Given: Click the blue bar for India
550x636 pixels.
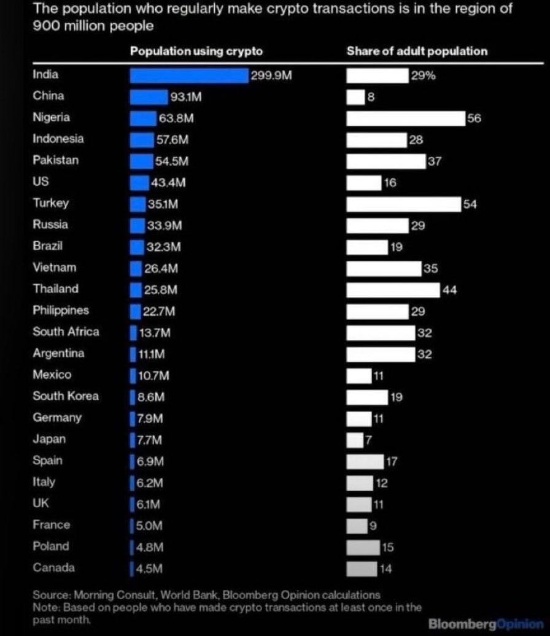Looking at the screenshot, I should (x=188, y=75).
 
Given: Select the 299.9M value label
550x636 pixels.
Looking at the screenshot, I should (x=269, y=76).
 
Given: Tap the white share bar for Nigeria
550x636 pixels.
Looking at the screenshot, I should (x=405, y=118).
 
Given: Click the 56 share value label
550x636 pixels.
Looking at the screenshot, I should (x=474, y=118).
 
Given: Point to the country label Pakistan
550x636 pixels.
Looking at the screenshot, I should (x=56, y=160).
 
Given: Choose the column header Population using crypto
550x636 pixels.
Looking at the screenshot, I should (x=196, y=52).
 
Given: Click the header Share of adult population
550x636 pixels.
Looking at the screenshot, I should (x=417, y=52).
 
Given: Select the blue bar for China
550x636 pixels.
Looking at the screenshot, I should (x=149, y=97).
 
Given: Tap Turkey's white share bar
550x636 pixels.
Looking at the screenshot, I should (x=403, y=204).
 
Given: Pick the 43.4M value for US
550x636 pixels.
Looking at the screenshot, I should (x=168, y=183).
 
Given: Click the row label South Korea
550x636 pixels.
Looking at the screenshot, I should (x=65, y=396).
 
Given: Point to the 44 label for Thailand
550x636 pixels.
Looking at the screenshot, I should (x=449, y=290).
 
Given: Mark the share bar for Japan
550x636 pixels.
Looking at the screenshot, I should (x=355, y=440).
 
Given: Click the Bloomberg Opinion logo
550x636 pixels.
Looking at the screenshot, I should (x=486, y=624).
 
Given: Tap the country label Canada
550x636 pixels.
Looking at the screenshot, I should (x=54, y=568).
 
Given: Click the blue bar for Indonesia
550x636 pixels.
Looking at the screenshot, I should (x=141, y=140).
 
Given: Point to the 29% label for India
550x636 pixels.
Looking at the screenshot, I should (x=423, y=76).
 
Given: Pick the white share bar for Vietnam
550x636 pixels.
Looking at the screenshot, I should (x=383, y=269).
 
